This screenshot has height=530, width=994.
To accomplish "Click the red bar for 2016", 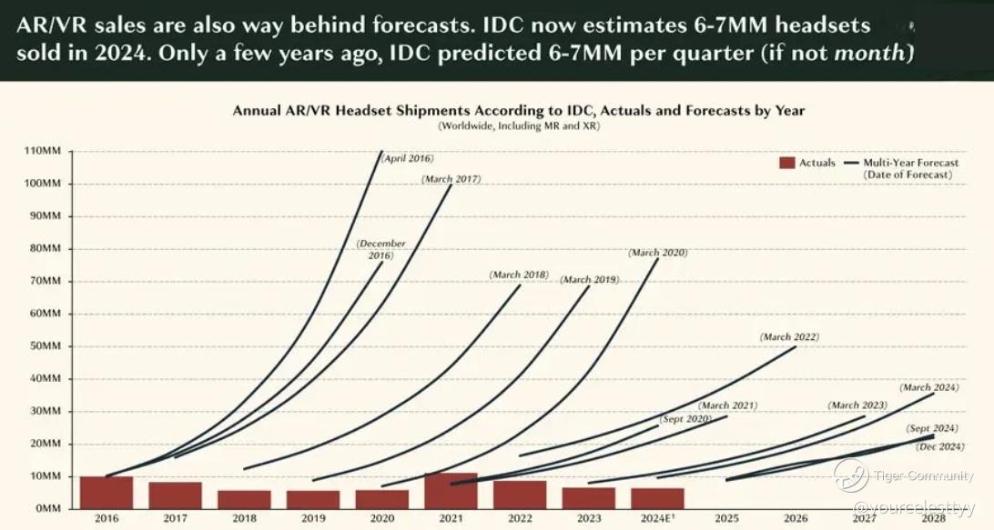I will pos(106,492).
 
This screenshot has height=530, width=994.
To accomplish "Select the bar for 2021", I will pos(451,491).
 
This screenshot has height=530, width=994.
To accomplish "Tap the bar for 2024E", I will pos(657,498).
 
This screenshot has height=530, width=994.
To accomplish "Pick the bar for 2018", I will pos(244,499).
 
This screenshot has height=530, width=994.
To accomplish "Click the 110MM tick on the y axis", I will pos(42,151).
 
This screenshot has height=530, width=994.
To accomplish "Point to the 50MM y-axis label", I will pos(45,346).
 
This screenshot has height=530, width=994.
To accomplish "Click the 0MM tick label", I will pos(47,509).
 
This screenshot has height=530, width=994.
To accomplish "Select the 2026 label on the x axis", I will pos(795,519).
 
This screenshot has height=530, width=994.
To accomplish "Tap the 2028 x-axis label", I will pos(933,519).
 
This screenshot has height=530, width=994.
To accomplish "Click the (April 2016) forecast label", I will pos(407,159).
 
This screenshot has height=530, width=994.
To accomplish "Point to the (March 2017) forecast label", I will pos(451,179).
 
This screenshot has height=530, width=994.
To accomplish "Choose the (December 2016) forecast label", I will pos(381,250).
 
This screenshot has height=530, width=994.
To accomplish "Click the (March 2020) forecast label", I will pos(657,253).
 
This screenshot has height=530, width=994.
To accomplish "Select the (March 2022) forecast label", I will pos(789,337).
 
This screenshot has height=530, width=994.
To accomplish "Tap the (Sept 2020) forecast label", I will pos(685,420).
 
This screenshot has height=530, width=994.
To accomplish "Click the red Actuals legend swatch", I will pos(786,163).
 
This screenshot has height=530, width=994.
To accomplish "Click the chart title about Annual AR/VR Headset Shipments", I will pos(518,110).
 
